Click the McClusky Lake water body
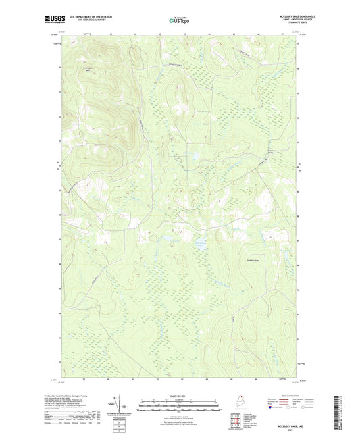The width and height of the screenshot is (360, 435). (201, 244)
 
